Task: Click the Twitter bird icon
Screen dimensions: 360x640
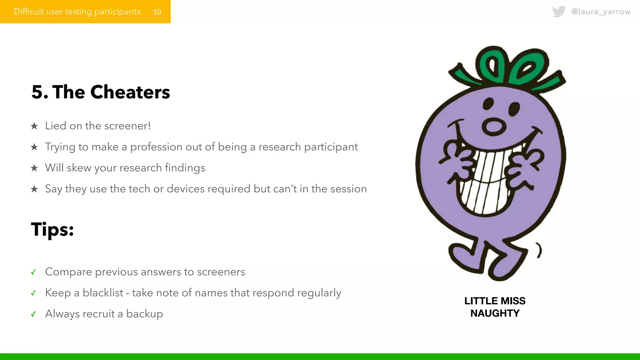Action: (x=559, y=12)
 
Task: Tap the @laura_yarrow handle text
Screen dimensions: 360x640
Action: (x=601, y=12)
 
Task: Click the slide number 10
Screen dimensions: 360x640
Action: (x=157, y=12)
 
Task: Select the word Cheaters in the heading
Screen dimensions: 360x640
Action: (x=130, y=92)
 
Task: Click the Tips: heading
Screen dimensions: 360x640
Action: (x=52, y=230)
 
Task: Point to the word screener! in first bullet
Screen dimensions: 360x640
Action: (x=127, y=126)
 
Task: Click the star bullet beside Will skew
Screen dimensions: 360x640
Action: (x=34, y=168)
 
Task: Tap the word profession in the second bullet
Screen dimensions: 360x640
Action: (x=156, y=147)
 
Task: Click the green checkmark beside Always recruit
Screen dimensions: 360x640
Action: (x=33, y=314)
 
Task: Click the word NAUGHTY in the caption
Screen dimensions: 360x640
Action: (x=495, y=313)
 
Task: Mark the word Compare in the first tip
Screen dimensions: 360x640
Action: (x=68, y=272)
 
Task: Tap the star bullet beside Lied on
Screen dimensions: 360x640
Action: (x=34, y=126)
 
